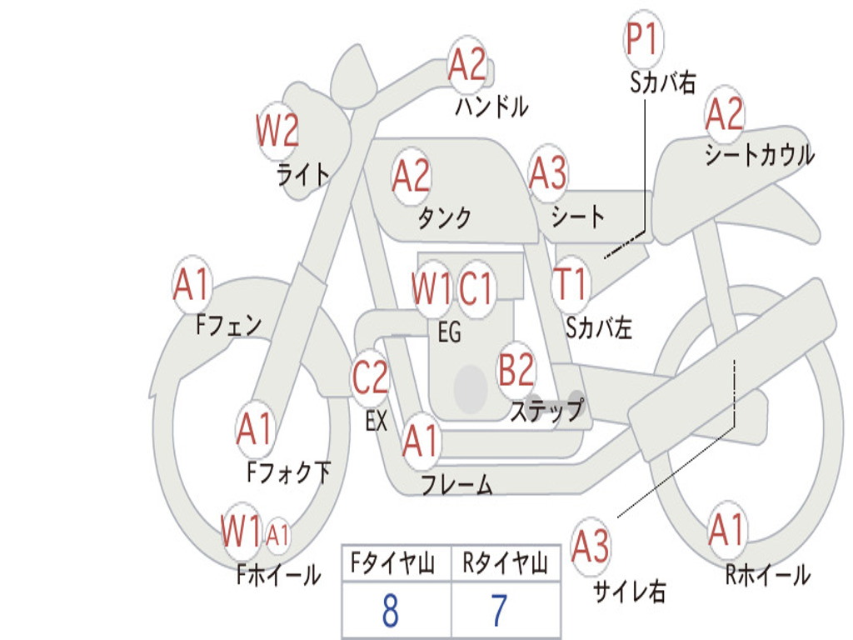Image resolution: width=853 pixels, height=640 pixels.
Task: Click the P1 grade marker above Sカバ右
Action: pyautogui.click(x=642, y=40)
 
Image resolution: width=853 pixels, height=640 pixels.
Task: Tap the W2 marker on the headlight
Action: pyautogui.click(x=277, y=131)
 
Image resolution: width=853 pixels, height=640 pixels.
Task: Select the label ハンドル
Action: pyautogui.click(x=491, y=106)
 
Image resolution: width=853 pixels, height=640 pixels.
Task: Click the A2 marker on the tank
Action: pyautogui.click(x=412, y=177)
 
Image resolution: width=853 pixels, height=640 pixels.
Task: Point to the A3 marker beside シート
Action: pyautogui.click(x=548, y=174)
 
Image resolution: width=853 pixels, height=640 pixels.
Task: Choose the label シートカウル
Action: pyautogui.click(x=759, y=155)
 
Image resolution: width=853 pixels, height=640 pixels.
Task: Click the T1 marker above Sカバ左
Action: pyautogui.click(x=571, y=284)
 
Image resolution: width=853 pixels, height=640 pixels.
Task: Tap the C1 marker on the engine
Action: pyautogui.click(x=476, y=289)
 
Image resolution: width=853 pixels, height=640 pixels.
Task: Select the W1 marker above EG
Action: pyautogui.click(x=431, y=289)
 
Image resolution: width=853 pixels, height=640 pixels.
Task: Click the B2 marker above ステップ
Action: pyautogui.click(x=516, y=370)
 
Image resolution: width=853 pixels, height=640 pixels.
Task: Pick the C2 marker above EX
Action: pyautogui.click(x=371, y=379)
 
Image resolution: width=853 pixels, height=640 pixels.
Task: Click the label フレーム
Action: pyautogui.click(x=456, y=485)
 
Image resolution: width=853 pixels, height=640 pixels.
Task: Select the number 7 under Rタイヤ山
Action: pyautogui.click(x=499, y=611)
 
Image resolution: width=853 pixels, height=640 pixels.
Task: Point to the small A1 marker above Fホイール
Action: pyautogui.click(x=277, y=534)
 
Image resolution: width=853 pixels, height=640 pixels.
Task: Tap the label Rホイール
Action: pyautogui.click(x=767, y=574)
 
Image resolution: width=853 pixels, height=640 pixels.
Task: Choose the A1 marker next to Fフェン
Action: pyautogui.click(x=192, y=285)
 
